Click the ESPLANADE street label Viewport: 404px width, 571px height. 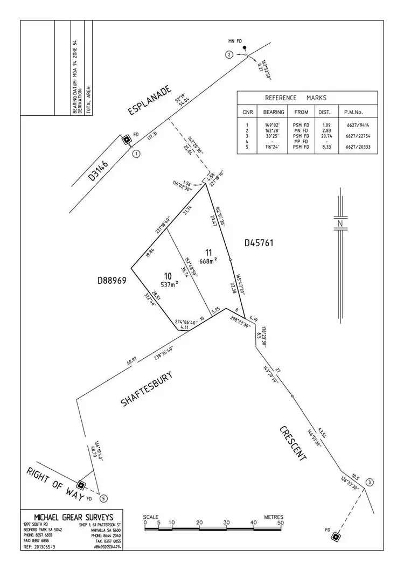point(149,100)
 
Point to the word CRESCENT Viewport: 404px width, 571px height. point(293,443)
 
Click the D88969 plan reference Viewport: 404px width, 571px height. point(113,280)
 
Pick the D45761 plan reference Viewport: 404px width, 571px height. point(259,243)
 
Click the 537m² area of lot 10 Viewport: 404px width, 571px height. point(169,284)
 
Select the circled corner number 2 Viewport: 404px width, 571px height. point(229,54)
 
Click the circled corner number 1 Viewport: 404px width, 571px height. point(136,153)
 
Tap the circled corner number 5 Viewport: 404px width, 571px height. point(103,498)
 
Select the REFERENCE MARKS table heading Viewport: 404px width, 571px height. point(295,98)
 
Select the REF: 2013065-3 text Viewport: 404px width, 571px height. point(39,547)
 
